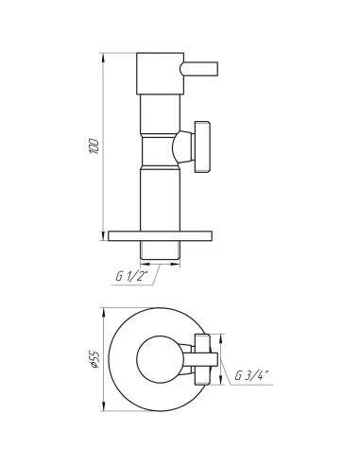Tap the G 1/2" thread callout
click(132, 276)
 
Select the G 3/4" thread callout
click(250, 376)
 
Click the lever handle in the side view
click(199, 68)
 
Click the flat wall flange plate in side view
click(160, 236)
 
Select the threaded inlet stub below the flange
click(160, 250)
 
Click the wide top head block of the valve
click(160, 74)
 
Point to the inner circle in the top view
click(160, 359)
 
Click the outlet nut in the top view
click(202, 359)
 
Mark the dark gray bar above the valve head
click(159, 48)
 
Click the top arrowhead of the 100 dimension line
click(102, 56)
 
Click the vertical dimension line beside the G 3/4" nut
click(221, 359)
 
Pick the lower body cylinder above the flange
click(160, 198)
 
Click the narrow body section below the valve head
click(160, 113)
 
